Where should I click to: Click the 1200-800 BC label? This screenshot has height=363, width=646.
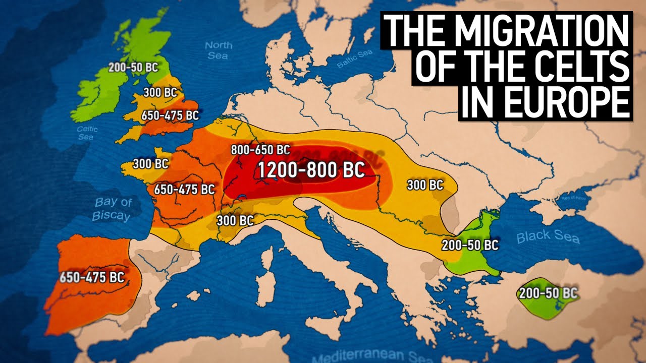tap(311, 170)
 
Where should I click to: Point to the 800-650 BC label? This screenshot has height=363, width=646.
tap(260, 150)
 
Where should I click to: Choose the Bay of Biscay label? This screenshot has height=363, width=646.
tap(112, 209)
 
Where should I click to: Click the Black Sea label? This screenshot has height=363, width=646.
tap(548, 236)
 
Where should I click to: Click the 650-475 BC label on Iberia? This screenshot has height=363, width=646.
tap(92, 277)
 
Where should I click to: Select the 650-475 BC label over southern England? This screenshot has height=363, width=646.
tap(170, 115)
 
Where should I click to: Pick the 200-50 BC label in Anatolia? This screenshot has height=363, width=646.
tap(548, 293)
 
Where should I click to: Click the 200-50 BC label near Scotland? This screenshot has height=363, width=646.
tap(133, 67)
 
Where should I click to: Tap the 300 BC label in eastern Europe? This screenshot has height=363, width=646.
tap(425, 185)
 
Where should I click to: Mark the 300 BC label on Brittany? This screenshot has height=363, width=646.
tap(150, 164)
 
